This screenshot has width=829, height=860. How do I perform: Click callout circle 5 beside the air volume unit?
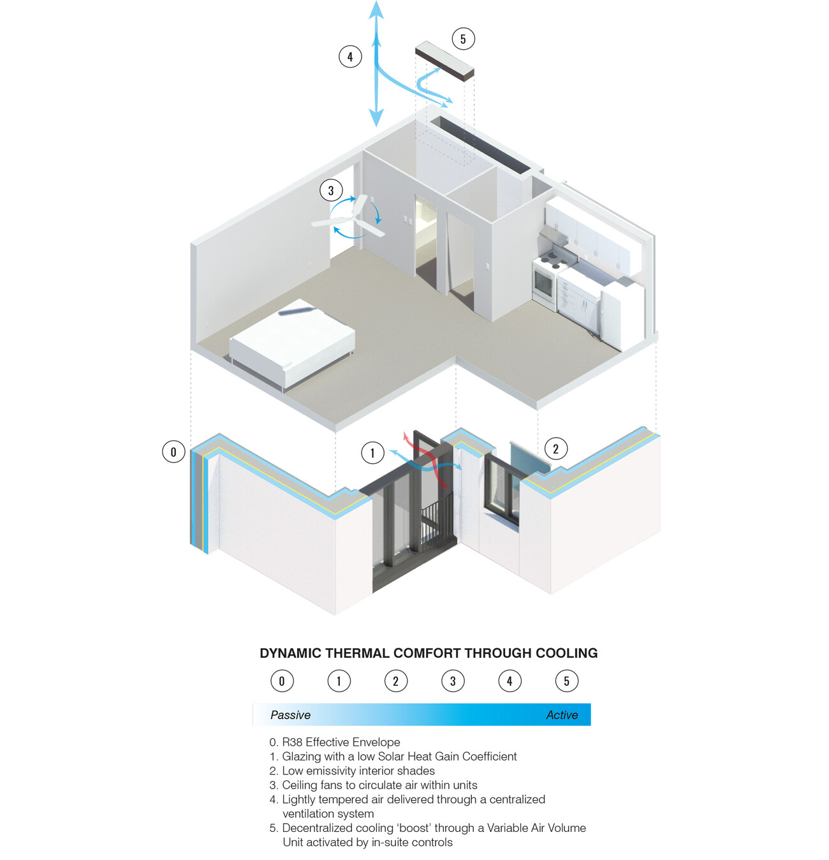463,39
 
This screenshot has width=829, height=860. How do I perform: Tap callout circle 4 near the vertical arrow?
350,57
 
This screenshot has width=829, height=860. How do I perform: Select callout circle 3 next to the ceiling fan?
330,190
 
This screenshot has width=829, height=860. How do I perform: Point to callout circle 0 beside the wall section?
173,452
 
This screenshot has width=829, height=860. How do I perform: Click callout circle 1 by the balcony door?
372,453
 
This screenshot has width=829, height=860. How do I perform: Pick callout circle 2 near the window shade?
555,449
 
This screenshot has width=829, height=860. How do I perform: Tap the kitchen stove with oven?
548,278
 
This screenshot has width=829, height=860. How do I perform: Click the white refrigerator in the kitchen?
621,316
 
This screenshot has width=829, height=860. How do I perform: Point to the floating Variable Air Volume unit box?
444,61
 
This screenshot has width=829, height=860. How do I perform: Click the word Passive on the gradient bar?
290,715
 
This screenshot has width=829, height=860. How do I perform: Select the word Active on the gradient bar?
562,715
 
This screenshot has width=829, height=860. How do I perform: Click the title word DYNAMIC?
291,653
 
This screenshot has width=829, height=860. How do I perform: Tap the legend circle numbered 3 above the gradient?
453,681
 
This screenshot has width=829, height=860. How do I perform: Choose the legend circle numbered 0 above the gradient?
282,681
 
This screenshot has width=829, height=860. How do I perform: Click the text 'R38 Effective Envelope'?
341,742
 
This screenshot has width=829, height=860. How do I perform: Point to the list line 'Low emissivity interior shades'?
358,771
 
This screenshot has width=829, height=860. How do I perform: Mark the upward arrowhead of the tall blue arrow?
376,9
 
